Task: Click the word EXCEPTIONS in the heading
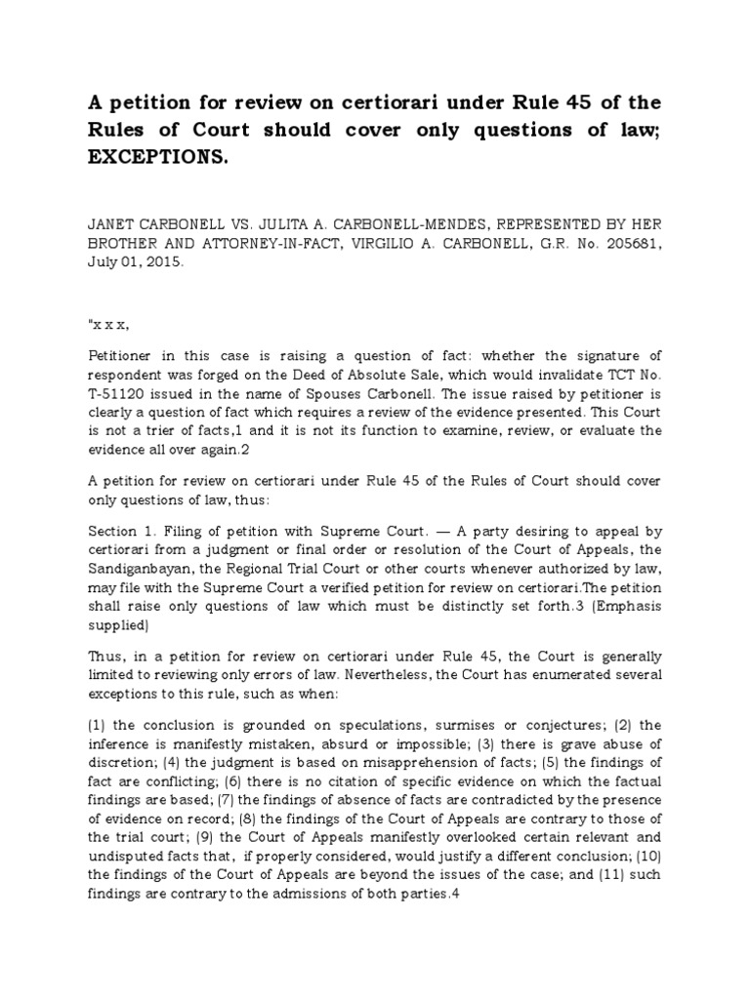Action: pyautogui.click(x=158, y=159)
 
